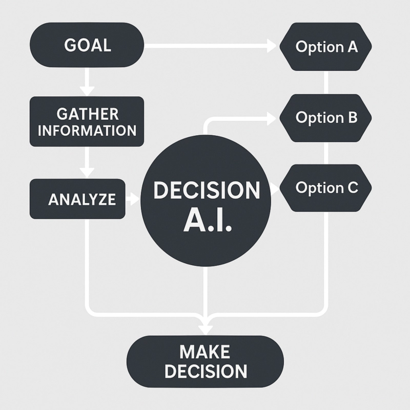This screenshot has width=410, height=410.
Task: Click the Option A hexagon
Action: coord(326,47)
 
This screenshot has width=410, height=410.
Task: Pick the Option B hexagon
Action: coord(326,117)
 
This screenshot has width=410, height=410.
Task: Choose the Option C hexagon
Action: coord(326,188)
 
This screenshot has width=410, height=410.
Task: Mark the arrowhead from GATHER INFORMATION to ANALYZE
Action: coord(87,171)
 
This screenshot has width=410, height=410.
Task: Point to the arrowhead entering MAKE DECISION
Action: coord(206,326)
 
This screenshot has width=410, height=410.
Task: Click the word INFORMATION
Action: coord(87,130)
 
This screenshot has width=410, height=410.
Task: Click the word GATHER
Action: coord(87,113)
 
